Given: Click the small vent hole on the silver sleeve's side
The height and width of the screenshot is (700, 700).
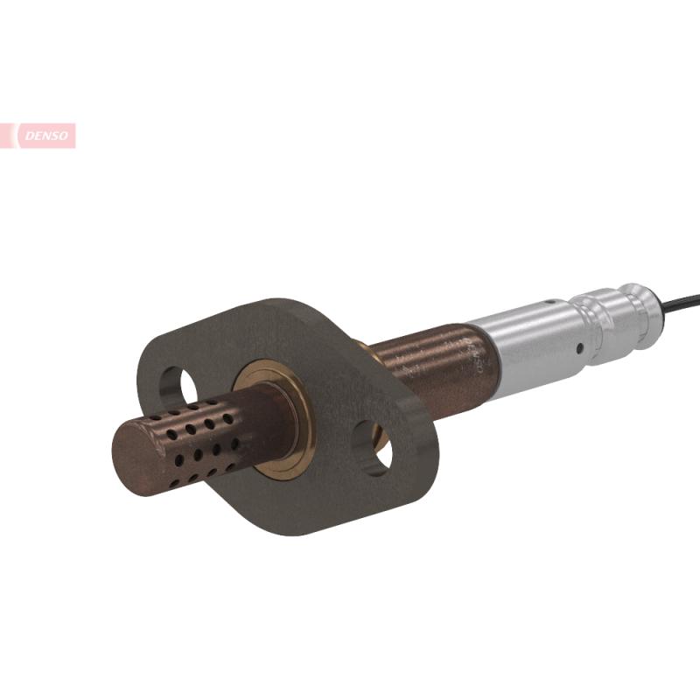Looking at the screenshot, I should (x=578, y=348).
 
